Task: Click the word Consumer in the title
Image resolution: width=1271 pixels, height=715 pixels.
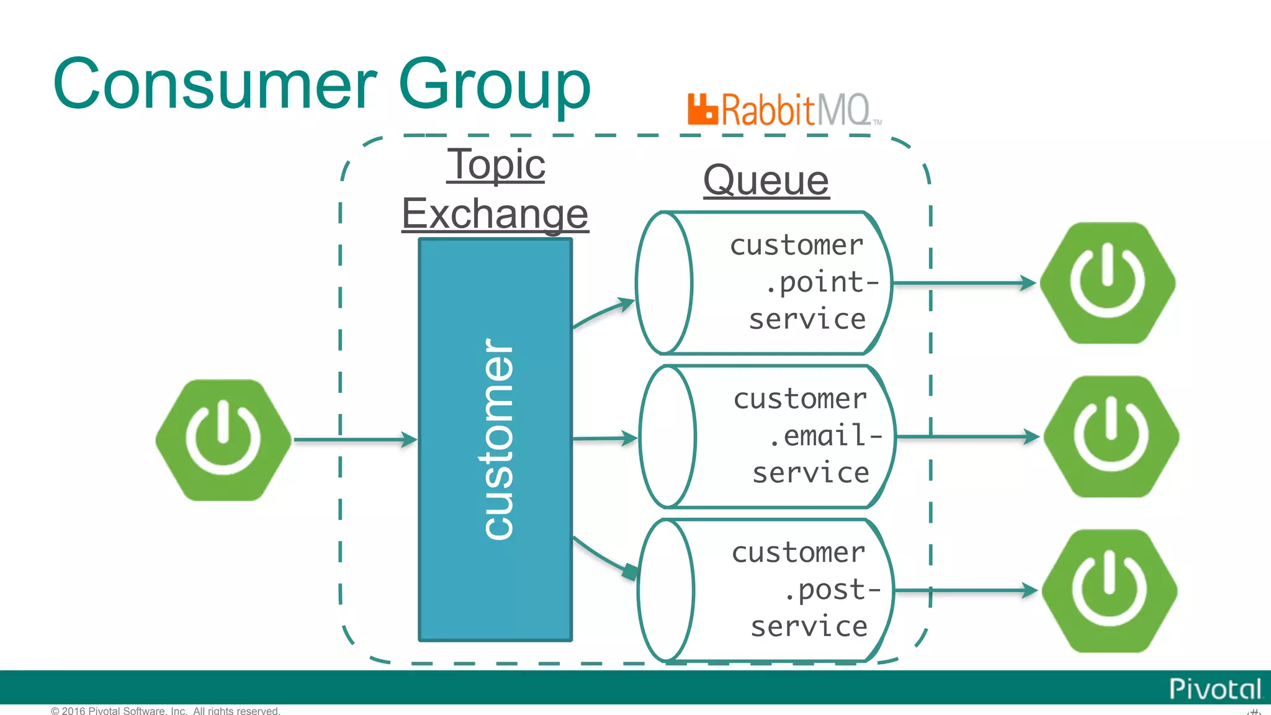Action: pyautogui.click(x=215, y=84)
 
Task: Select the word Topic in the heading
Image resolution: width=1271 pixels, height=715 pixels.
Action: pyautogui.click(x=496, y=164)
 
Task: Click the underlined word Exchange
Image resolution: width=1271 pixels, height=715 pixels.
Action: pyautogui.click(x=495, y=214)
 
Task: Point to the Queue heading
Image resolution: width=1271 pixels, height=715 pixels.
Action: pyautogui.click(x=766, y=181)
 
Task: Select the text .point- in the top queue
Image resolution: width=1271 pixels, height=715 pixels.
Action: pyautogui.click(x=821, y=282)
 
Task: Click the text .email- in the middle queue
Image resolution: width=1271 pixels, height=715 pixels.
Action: pyautogui.click(x=825, y=436)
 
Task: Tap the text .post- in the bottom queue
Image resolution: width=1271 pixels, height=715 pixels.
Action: pyautogui.click(x=832, y=590)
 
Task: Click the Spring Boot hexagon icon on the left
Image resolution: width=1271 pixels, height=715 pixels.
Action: pyautogui.click(x=223, y=439)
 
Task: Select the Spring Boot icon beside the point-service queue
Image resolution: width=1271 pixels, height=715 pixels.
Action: pyautogui.click(x=1107, y=283)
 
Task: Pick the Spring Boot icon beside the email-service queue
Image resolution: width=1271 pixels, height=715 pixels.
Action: pyautogui.click(x=1111, y=436)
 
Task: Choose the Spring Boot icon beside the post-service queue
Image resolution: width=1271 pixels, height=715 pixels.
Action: pyautogui.click(x=1109, y=590)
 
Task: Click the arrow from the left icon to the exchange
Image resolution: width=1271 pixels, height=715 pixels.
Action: pyautogui.click(x=354, y=439)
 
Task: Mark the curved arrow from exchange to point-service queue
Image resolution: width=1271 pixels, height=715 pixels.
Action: pyautogui.click(x=602, y=312)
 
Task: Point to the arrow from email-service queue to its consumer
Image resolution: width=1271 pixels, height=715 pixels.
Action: pyautogui.click(x=968, y=437)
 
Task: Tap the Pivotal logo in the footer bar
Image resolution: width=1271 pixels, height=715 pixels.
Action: pyautogui.click(x=1215, y=689)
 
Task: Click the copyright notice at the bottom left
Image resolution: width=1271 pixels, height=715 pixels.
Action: pyautogui.click(x=165, y=711)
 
